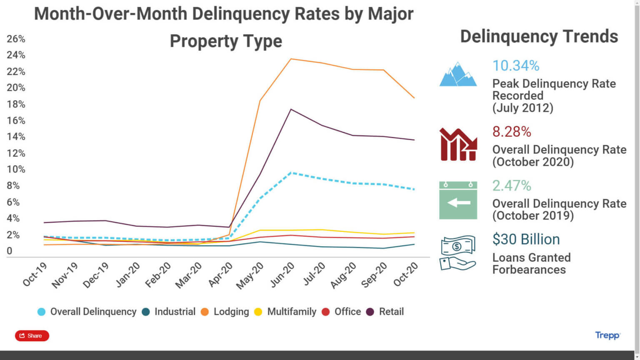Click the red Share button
32,336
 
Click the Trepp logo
607,335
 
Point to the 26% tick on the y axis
16,39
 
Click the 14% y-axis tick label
16,137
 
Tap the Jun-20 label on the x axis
282,275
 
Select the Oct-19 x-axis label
35,275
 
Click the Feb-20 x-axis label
158,275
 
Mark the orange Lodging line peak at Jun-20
291,59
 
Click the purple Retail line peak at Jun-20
291,110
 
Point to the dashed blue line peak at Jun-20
291,172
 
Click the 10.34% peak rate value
515,66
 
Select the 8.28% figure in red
511,132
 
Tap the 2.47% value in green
511,185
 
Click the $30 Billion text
526,239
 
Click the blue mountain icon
458,75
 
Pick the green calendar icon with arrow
458,200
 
